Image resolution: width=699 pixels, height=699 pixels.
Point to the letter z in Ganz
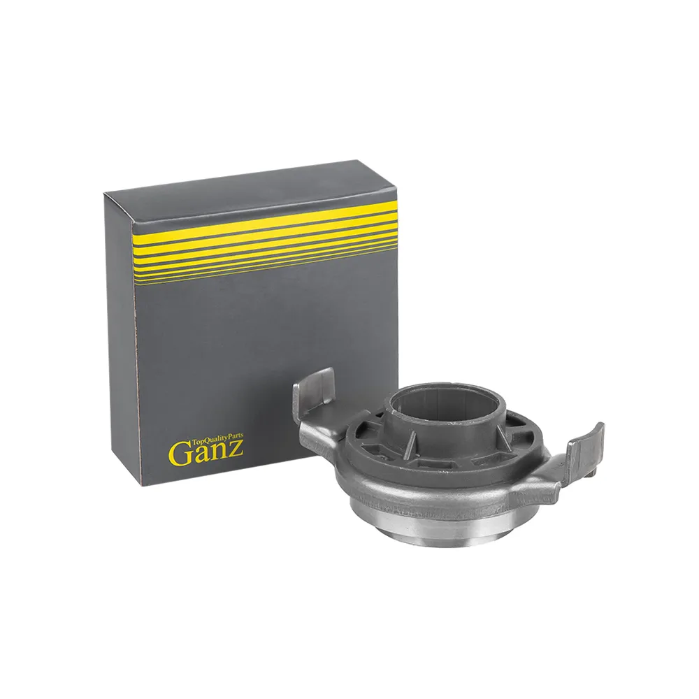tap(237, 449)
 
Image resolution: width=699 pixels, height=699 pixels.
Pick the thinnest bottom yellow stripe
tap(265, 273)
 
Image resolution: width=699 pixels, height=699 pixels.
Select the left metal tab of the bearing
tap(316, 401)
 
